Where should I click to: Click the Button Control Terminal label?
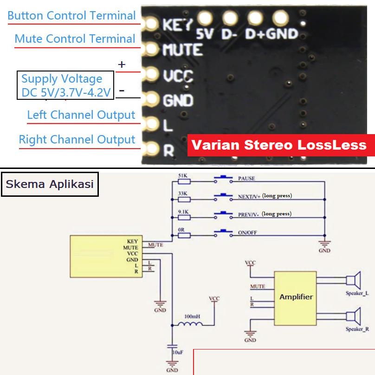tap(71, 15)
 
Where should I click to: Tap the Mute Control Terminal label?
tap(75, 39)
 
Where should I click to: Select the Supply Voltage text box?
tap(65, 85)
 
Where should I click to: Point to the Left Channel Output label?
tap(81, 115)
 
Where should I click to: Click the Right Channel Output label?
tap(77, 139)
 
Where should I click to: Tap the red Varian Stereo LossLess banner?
tap(279, 145)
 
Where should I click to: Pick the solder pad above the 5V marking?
tap(205, 18)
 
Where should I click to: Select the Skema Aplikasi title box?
tap(50, 184)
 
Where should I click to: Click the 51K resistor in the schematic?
tap(184, 182)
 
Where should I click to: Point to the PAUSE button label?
tap(246, 179)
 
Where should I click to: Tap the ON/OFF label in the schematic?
tap(247, 233)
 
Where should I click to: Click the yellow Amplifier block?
tap(296, 297)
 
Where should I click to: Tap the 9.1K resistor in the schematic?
tap(184, 217)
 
